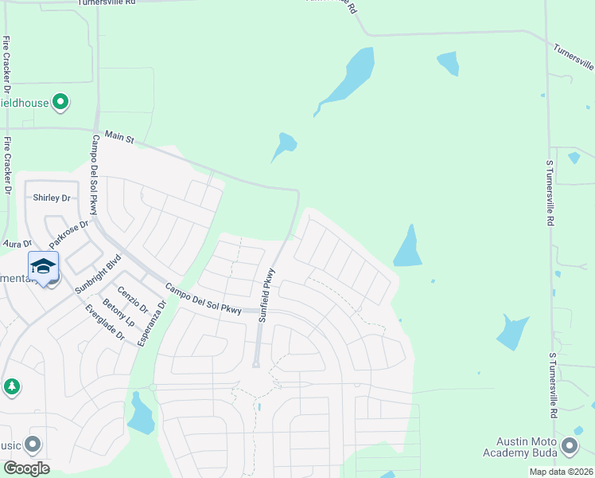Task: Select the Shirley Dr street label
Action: tap(51, 198)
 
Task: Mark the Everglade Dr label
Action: tap(104, 323)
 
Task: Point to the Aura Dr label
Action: tap(16, 243)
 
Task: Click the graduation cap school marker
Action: tap(44, 266)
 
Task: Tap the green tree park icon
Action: tap(11, 386)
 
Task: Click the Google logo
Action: tap(26, 468)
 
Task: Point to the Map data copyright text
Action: tap(561, 472)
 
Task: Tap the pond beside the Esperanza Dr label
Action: tap(140, 415)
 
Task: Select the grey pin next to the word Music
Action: tap(33, 444)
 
